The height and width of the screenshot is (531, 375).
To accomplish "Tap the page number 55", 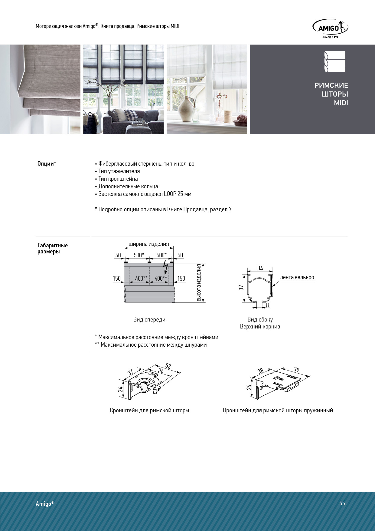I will [342, 503].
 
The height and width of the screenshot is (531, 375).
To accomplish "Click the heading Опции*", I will [47, 164].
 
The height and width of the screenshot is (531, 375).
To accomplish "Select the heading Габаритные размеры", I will [53, 248].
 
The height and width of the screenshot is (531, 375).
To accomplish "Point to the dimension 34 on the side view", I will [260, 268].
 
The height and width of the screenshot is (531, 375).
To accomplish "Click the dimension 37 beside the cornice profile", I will [241, 287].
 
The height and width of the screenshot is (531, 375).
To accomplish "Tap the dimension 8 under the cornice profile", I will [267, 305].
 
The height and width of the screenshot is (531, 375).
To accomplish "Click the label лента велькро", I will [297, 277].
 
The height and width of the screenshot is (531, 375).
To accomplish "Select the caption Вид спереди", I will [149, 319].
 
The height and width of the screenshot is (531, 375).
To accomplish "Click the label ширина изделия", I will [149, 244].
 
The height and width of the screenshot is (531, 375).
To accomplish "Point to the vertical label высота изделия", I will [199, 282].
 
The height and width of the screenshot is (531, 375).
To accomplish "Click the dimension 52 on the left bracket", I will [168, 366].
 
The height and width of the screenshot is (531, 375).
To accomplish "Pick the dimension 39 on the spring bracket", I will [296, 369].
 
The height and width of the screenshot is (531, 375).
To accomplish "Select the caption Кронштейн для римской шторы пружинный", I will [278, 411].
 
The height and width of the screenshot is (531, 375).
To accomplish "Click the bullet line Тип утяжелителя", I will [119, 171].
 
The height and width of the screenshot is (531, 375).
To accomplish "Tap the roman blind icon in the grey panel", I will [334, 62].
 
